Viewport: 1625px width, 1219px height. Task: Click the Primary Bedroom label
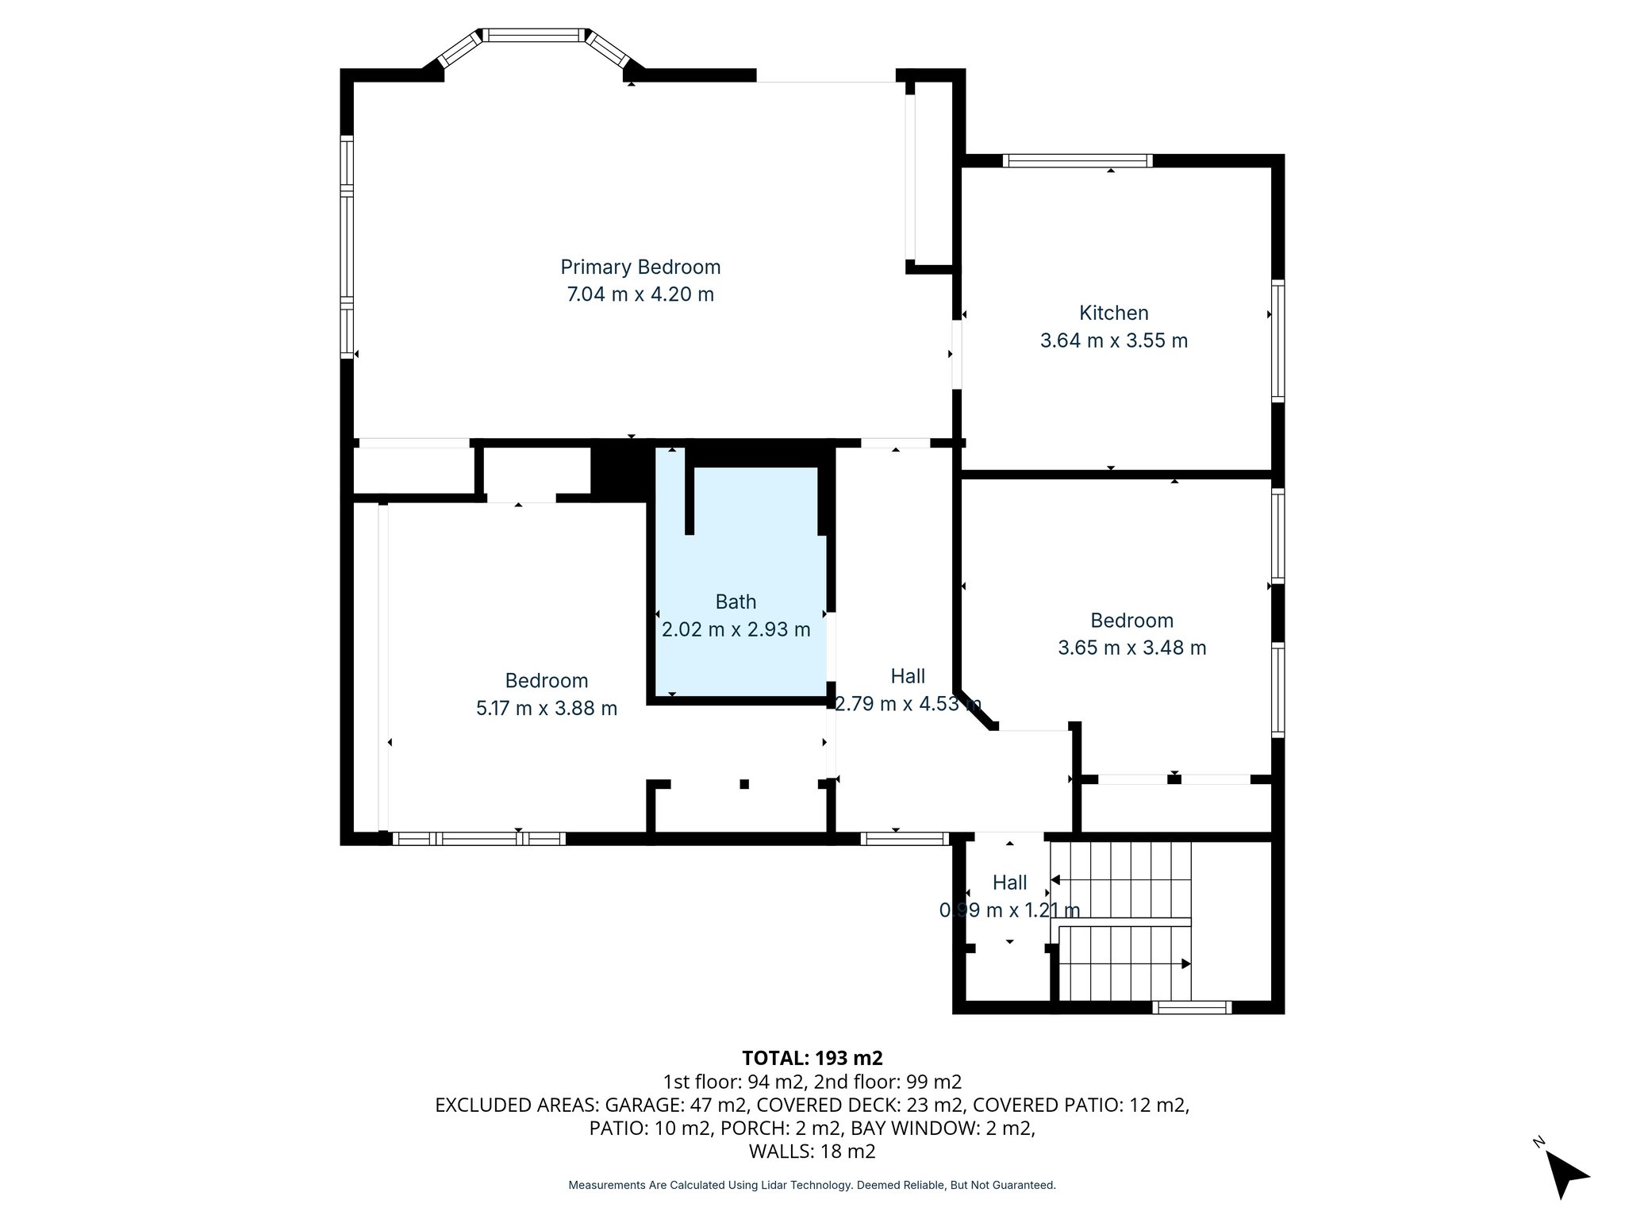640,267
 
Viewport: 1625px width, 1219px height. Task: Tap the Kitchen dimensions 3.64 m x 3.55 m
1113,340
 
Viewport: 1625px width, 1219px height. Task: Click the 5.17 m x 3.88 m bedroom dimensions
546,708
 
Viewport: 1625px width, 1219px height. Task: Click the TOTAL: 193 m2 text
812,1058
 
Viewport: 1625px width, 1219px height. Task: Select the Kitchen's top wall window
1077,161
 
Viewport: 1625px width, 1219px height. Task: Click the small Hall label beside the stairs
1009,883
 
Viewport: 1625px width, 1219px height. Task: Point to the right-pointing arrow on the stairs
1185,963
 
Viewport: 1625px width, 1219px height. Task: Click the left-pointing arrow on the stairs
1056,879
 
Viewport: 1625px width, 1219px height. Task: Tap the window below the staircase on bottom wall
1191,1008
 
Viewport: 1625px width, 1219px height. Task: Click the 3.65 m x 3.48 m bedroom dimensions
1131,648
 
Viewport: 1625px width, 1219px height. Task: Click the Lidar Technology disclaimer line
812,1185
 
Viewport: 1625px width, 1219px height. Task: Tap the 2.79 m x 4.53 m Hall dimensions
908,704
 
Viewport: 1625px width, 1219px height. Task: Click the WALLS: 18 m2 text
812,1151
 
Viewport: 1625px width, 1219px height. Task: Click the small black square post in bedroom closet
744,784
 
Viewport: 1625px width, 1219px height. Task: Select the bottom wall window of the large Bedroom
478,839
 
